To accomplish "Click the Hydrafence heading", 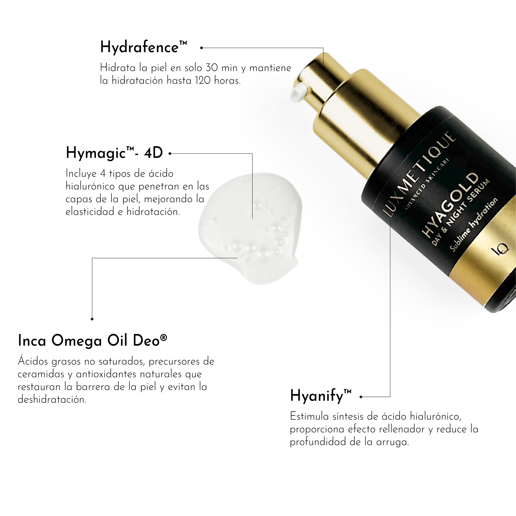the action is (144, 47).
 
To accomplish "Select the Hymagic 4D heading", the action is (114, 153).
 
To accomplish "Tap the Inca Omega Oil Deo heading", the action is (92, 341).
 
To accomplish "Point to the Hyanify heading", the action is (321, 396).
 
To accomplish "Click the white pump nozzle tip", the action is (298, 92).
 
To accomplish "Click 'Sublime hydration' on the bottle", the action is (474, 224).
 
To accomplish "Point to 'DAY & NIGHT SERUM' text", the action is (461, 212).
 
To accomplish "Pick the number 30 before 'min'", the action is (212, 67).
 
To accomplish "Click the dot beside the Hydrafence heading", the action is (201, 48).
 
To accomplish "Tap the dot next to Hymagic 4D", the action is (170, 154).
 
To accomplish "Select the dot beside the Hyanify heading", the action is (361, 397).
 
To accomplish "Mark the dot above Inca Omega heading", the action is (92, 319).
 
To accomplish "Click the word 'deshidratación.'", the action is (52, 399).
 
